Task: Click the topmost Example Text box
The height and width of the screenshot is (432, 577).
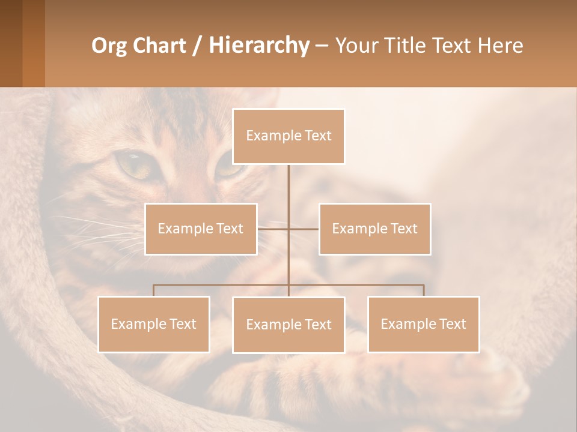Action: click(288, 136)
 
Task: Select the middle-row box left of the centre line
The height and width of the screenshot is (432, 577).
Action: click(201, 229)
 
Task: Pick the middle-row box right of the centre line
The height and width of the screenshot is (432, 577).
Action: click(374, 229)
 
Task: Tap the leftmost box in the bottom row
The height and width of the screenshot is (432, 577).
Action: click(153, 324)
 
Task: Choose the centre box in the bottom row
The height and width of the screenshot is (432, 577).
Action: click(288, 325)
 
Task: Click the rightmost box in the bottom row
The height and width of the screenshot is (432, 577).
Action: click(423, 324)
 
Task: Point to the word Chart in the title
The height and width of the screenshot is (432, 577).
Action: click(157, 46)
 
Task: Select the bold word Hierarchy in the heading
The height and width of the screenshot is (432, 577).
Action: click(258, 46)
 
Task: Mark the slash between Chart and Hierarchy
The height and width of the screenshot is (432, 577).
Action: click(197, 46)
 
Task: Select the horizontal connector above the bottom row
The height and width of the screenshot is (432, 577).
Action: click(222, 286)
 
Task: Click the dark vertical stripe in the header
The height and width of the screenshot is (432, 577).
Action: click(11, 43)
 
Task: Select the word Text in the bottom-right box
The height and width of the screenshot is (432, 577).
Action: click(452, 324)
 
